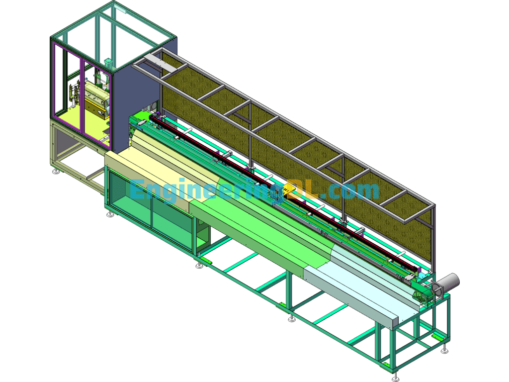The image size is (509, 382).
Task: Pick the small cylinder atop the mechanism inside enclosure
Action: [108, 63]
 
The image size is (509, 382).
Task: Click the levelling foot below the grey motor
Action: [444, 351]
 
